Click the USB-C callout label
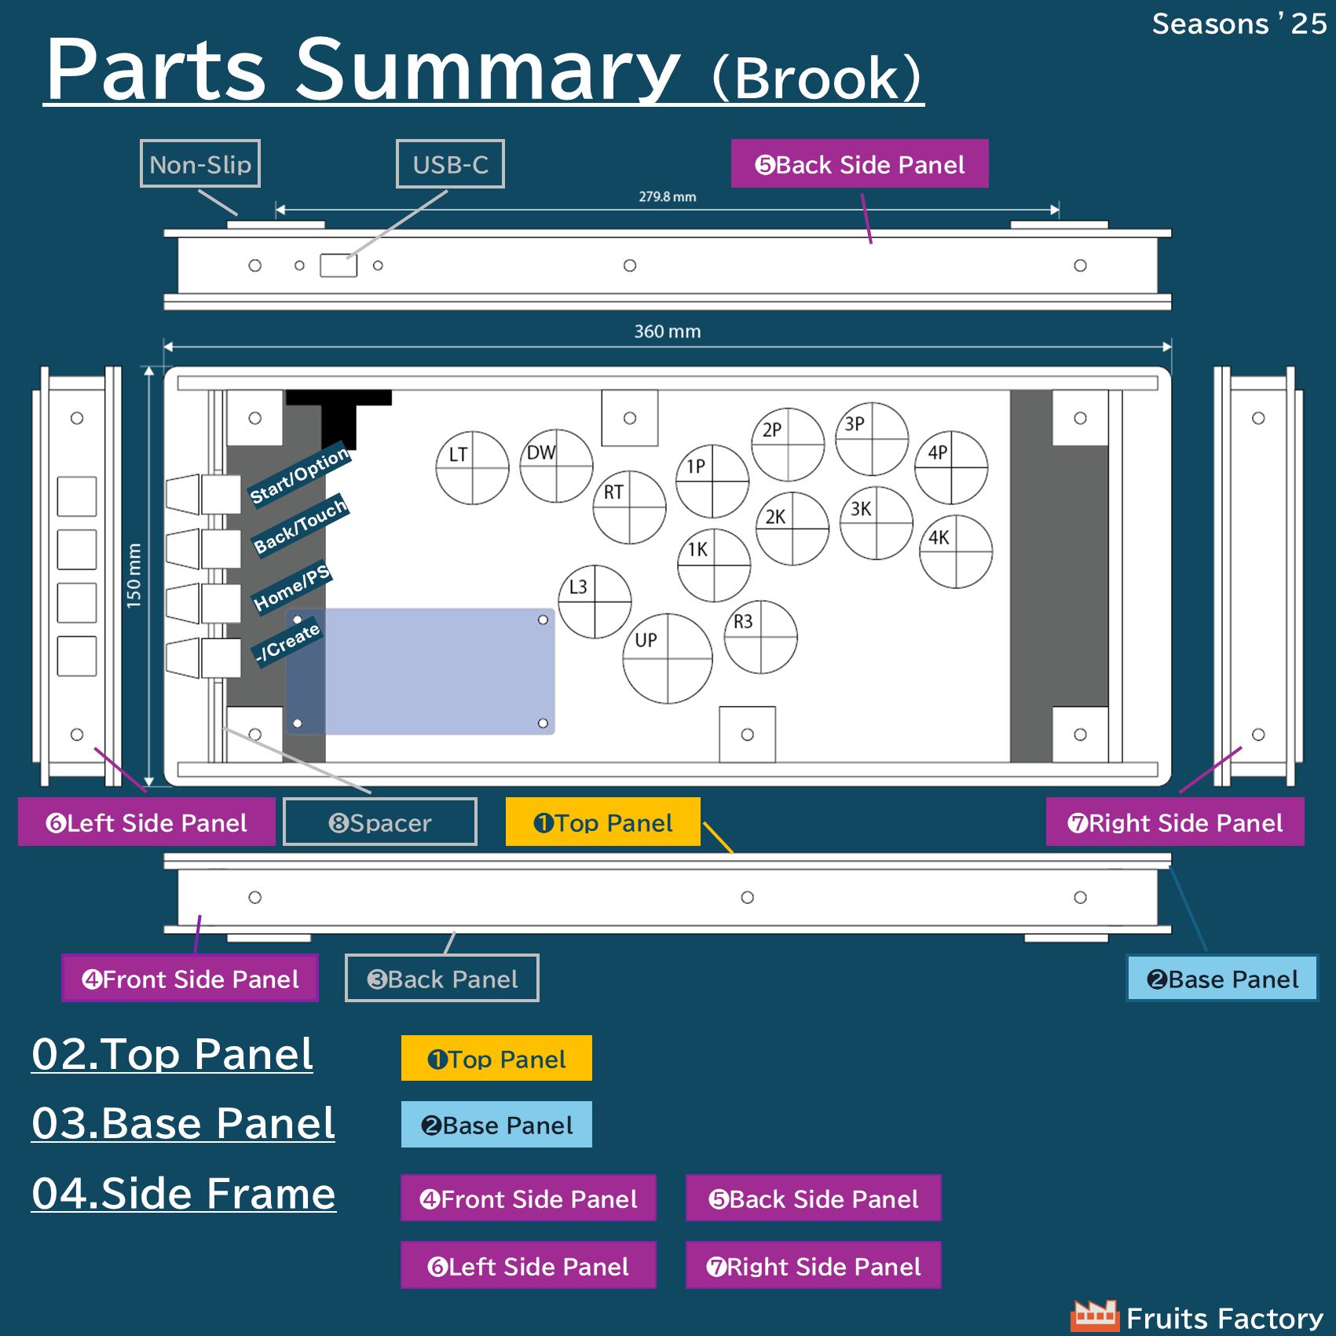[450, 164]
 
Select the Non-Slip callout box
[200, 164]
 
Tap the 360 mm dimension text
[667, 331]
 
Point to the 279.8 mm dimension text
[667, 196]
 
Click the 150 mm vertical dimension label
[134, 576]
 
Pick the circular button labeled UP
[667, 658]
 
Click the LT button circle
[472, 468]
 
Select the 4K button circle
[956, 551]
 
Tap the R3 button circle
[760, 637]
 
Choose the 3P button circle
[872, 438]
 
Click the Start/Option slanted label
[298, 476]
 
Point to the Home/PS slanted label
[291, 588]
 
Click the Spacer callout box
[380, 822]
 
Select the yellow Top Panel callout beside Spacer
[602, 822]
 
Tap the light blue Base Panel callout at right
[1221, 979]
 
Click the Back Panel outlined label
[442, 979]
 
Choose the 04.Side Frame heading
[184, 1193]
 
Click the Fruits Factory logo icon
[1094, 1316]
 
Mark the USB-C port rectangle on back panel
[339, 265]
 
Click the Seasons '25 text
[1239, 24]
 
